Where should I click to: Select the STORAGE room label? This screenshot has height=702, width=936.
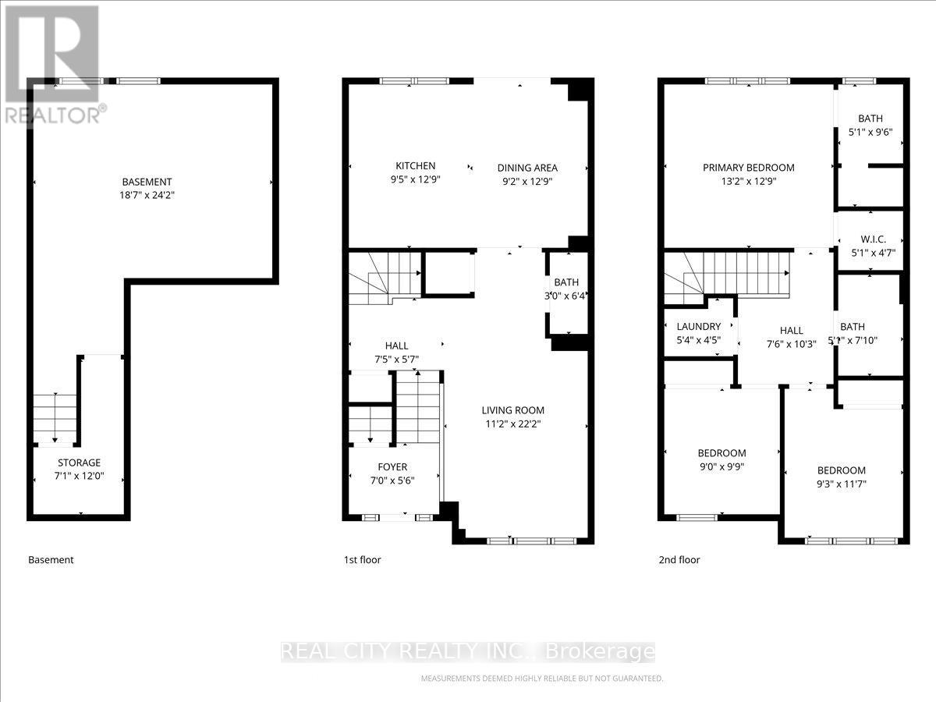(x=80, y=463)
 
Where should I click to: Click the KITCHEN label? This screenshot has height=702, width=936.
(x=415, y=165)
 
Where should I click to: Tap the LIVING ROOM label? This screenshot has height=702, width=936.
(x=512, y=410)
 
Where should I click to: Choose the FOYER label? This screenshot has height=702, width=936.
(x=392, y=467)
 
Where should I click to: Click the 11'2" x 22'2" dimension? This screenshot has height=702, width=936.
(x=512, y=424)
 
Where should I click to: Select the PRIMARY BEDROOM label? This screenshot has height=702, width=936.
(x=748, y=167)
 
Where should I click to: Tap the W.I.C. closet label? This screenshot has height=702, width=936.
(x=873, y=238)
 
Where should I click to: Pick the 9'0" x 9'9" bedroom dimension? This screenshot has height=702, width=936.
(x=721, y=467)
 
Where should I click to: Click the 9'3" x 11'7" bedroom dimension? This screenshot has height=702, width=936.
(x=841, y=484)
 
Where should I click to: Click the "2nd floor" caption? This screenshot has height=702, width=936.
(x=679, y=559)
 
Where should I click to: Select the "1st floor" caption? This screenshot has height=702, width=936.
(x=363, y=559)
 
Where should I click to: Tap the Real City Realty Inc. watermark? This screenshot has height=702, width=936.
(x=467, y=651)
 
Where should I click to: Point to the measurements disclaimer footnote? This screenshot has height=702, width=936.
(x=542, y=679)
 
